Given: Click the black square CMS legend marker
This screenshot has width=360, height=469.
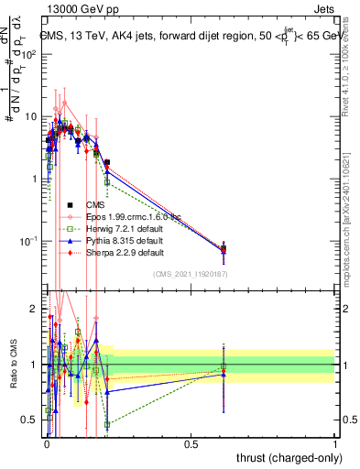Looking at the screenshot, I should tap(70, 204).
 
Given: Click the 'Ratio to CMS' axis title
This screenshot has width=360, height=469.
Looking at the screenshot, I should tap(12, 365).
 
